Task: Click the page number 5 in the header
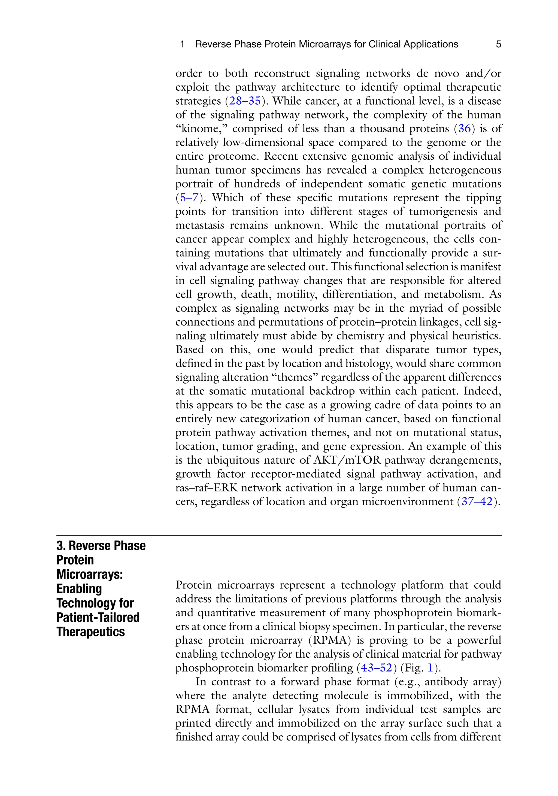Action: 498,44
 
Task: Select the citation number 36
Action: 464,129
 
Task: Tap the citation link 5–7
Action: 189,198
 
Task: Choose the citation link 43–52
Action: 376,667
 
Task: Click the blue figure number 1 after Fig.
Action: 430,667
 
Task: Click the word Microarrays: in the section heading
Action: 89,574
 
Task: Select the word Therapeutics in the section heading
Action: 90,632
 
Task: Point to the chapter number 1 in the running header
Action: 182,44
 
